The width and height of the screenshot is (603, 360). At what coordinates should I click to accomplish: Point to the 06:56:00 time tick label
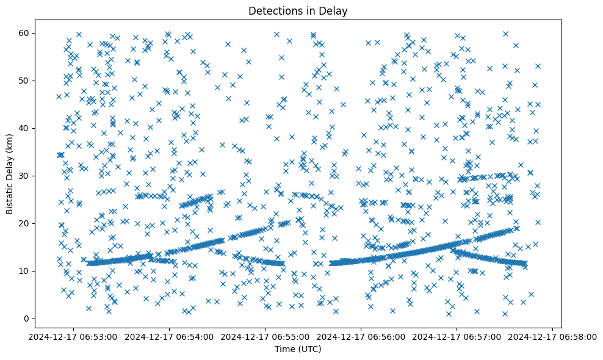(361, 336)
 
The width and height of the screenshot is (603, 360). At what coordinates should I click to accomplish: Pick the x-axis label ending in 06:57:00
(457, 336)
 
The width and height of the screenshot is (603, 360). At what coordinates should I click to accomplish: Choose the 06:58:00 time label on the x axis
(553, 336)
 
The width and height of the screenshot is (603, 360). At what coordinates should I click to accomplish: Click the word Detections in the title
(273, 10)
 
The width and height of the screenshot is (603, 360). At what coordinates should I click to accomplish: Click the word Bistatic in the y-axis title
(10, 195)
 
